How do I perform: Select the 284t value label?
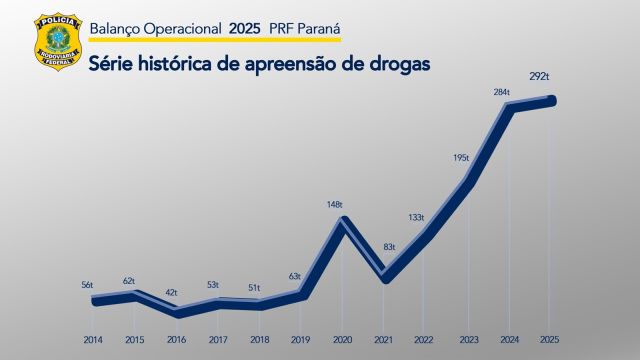point(501,92)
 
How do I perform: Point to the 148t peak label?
point(334,204)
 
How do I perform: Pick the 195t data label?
point(460,158)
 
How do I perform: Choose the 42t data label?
point(171,292)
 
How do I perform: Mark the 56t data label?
point(87,285)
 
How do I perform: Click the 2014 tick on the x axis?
point(93,340)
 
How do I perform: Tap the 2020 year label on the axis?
point(341,340)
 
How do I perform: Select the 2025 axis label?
point(549,340)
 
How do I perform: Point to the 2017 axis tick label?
point(217,340)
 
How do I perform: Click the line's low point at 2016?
point(176,312)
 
